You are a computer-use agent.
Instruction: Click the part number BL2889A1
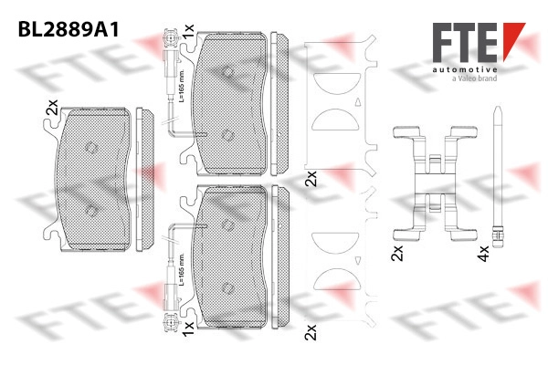pyautogui.click(x=68, y=30)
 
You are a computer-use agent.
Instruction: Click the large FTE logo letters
pyautogui.click(x=465, y=43)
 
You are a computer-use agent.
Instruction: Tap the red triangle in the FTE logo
pyautogui.click(x=513, y=39)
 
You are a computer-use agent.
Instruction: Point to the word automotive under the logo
pyautogui.click(x=465, y=70)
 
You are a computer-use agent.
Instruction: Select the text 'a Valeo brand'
pyautogui.click(x=474, y=78)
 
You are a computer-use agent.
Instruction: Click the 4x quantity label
pyautogui.click(x=483, y=254)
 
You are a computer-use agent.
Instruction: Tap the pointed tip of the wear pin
pyautogui.click(x=498, y=107)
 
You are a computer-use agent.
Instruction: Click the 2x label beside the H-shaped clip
pyautogui.click(x=397, y=254)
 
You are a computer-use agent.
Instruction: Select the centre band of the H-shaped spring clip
pyautogui.click(x=436, y=183)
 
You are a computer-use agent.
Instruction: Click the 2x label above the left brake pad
pyautogui.click(x=52, y=108)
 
